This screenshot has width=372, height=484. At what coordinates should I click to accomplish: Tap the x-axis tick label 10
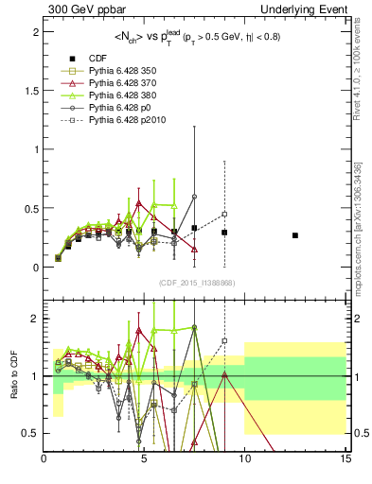coord(244,459)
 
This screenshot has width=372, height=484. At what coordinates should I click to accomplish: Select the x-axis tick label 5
coord(144,459)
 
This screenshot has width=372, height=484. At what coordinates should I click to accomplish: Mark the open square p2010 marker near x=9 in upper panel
coord(224,214)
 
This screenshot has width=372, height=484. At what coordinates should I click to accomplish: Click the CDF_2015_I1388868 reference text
coord(195,283)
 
